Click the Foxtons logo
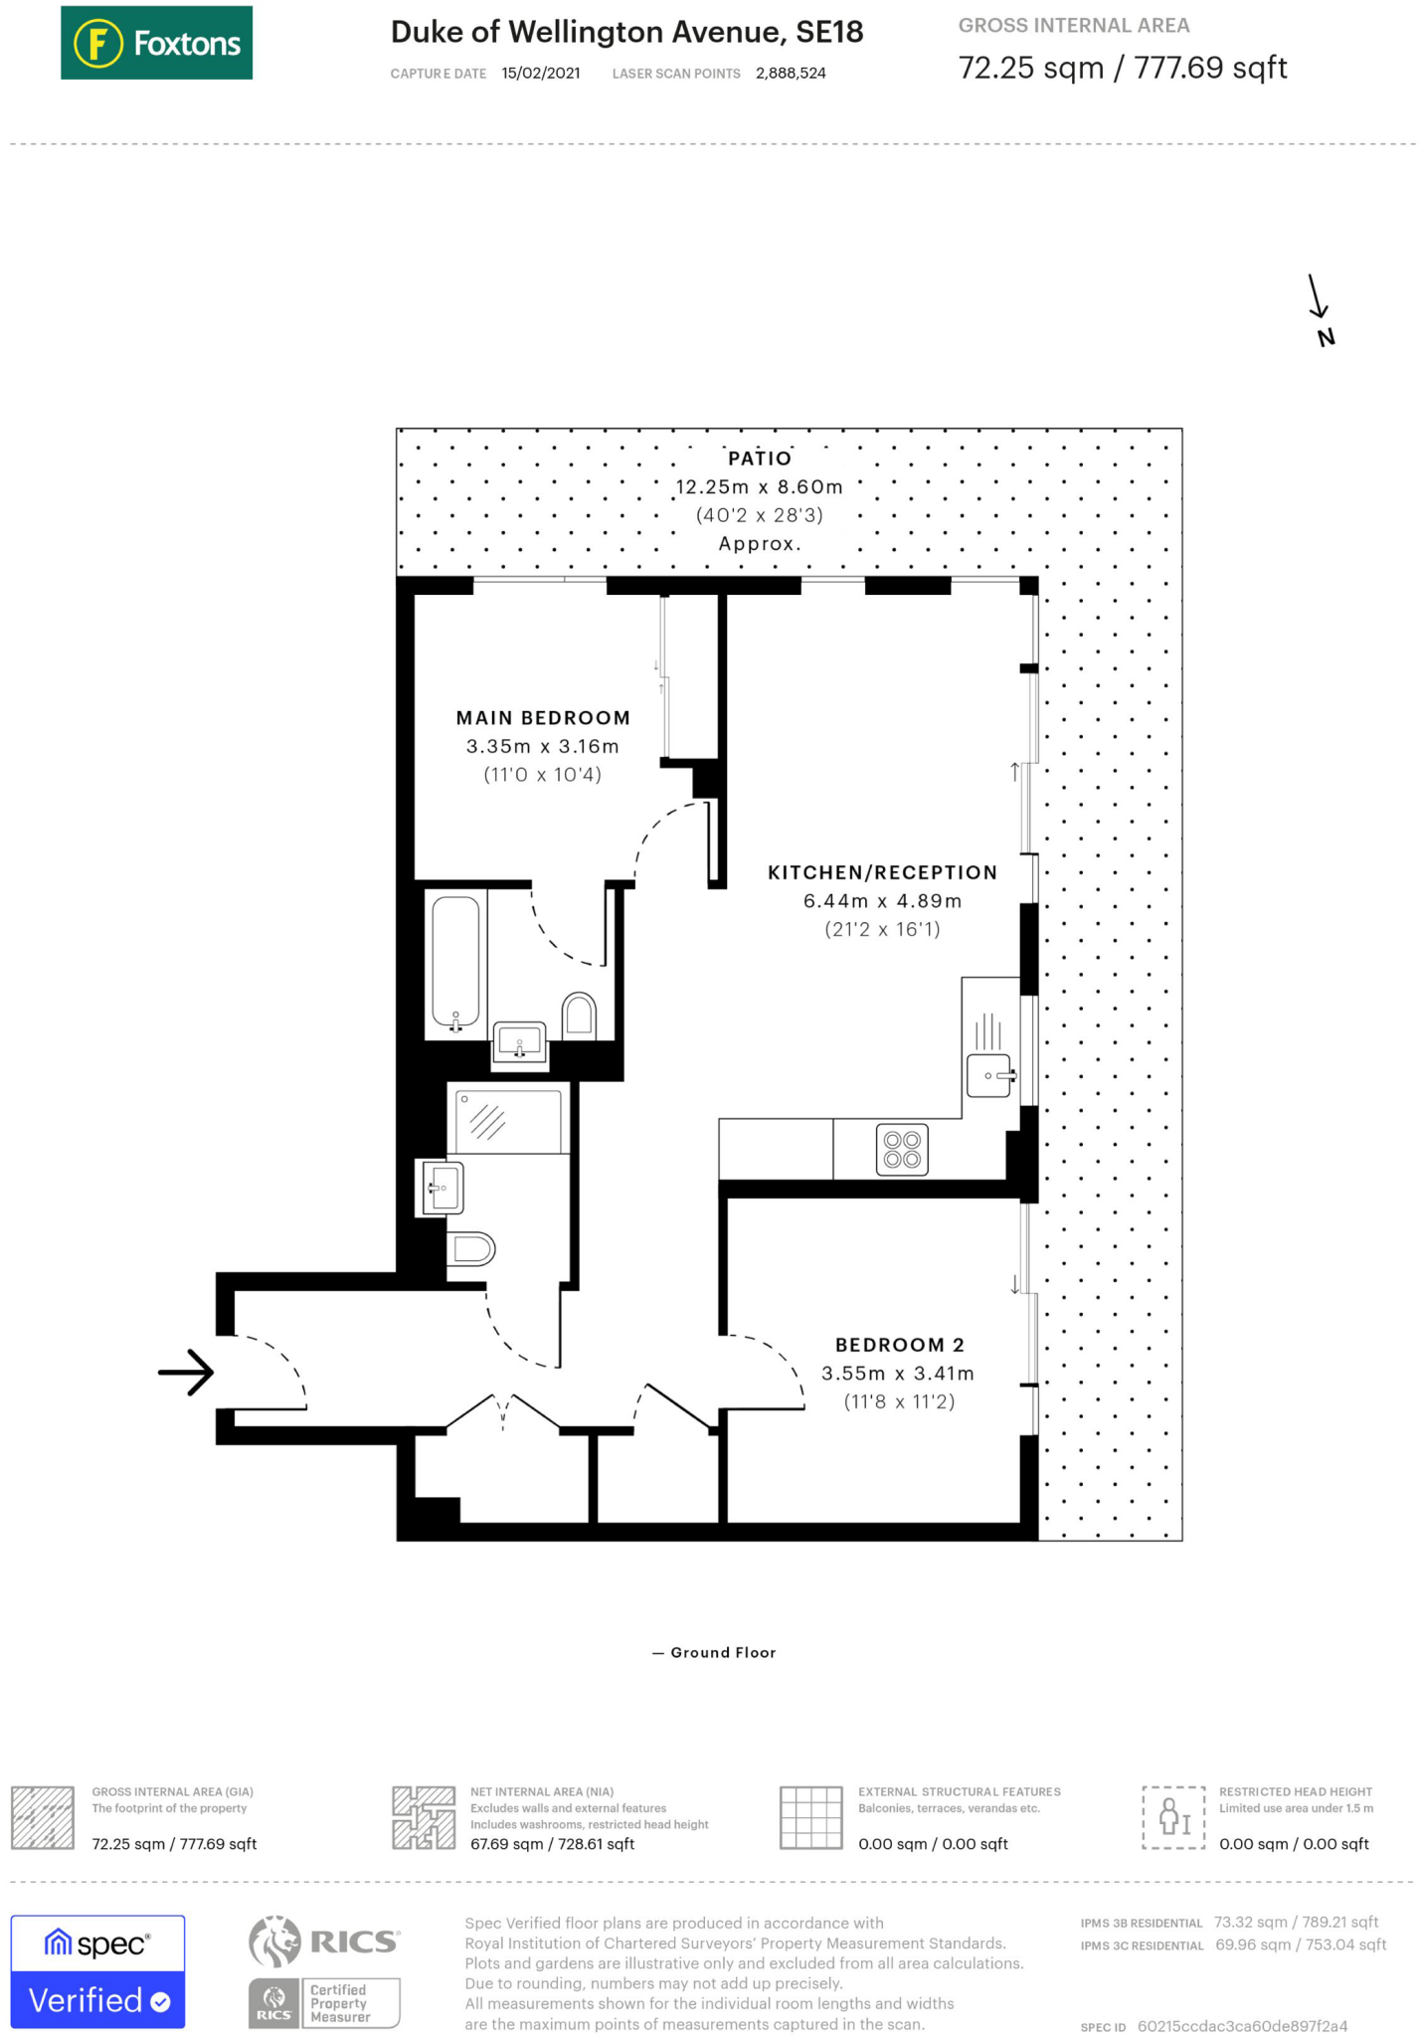(156, 43)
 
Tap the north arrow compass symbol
(1320, 309)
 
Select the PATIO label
(760, 459)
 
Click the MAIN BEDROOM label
(543, 718)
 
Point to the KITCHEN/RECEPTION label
(882, 872)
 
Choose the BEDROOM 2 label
(899, 1345)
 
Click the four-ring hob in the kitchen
(902, 1150)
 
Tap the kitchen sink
(989, 1075)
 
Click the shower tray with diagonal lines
(508, 1121)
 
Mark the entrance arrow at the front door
(187, 1373)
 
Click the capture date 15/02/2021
(540, 74)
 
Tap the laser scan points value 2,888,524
(791, 74)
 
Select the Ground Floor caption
(722, 1652)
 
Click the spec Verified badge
(97, 1971)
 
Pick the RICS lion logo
(275, 1942)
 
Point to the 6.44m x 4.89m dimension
(882, 901)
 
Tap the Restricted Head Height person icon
(1173, 1817)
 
